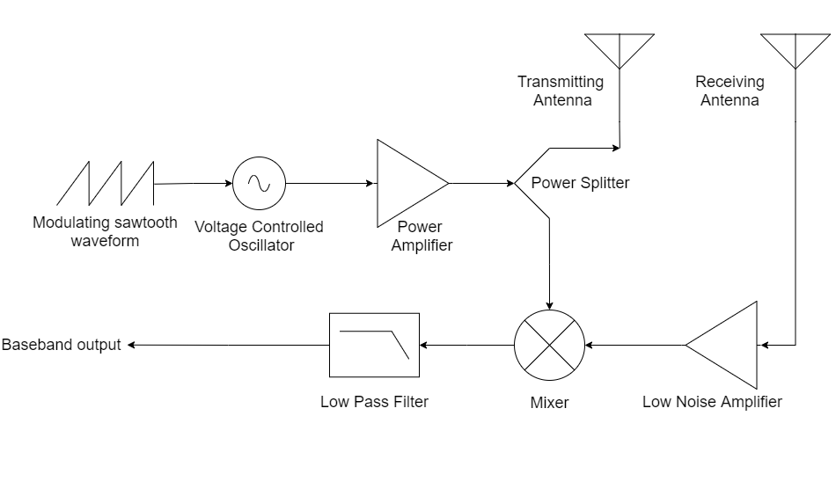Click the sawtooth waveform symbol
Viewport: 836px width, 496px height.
[x=106, y=183]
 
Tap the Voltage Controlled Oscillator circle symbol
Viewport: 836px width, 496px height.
[x=259, y=183]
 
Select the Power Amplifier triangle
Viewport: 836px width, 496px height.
[x=407, y=183]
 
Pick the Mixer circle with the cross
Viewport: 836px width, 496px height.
[x=550, y=346]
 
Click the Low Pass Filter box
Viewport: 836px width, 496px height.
[x=374, y=346]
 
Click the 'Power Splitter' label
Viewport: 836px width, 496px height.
[x=580, y=183]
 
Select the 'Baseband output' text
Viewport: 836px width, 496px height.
[x=61, y=345]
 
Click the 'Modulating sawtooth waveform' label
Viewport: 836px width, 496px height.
[x=105, y=231]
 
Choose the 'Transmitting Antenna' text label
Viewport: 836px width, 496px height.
[x=561, y=91]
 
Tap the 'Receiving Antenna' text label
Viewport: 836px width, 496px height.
[x=730, y=91]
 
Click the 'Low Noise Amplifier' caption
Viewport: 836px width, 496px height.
[x=712, y=402]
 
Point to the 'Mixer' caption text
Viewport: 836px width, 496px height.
[x=550, y=403]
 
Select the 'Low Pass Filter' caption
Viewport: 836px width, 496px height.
[x=374, y=402]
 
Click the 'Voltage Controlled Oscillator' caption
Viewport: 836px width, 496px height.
[x=259, y=236]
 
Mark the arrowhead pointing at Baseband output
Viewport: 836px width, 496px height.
[x=132, y=346]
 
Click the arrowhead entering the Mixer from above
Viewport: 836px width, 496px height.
[x=550, y=305]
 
